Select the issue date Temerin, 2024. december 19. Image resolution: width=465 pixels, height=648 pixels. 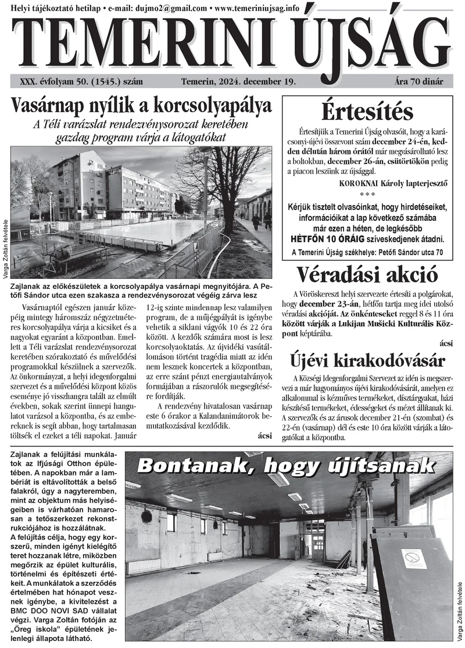[x=239, y=81]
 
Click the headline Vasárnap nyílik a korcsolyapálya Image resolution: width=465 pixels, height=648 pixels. [x=141, y=106]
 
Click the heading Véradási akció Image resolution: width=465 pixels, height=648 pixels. [x=367, y=274]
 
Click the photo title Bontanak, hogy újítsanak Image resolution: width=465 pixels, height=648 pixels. [x=285, y=466]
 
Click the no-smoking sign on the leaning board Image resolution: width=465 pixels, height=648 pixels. [x=413, y=559]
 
